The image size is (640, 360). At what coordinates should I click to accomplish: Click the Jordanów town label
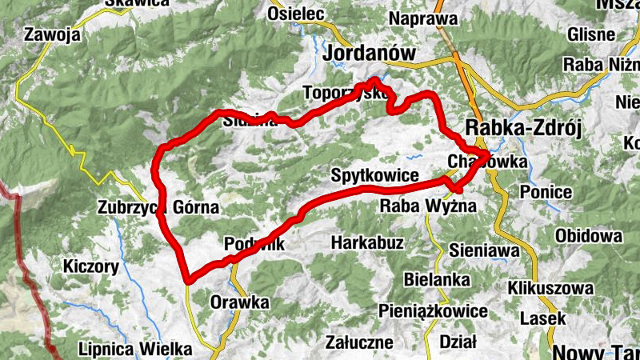click(x=372, y=54)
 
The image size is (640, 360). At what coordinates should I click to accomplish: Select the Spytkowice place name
click(x=375, y=175)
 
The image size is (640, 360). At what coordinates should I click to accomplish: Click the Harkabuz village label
click(x=367, y=242)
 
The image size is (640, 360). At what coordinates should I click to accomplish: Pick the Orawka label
click(x=239, y=302)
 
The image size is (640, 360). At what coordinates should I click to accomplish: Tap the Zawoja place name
click(x=52, y=35)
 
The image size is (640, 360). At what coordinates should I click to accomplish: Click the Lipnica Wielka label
click(x=135, y=350)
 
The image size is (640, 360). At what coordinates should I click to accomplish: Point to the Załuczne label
click(x=359, y=342)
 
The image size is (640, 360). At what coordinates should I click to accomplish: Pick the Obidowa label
click(x=589, y=236)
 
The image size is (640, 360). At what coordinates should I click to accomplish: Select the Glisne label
click(x=590, y=35)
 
